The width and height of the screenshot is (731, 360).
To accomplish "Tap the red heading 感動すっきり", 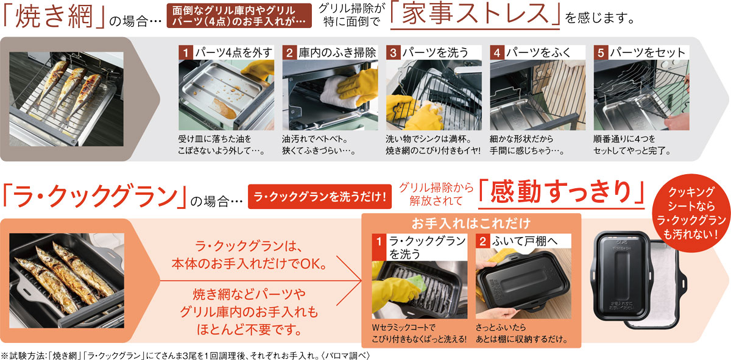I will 561,191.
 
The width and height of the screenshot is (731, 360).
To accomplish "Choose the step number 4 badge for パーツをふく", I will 497,52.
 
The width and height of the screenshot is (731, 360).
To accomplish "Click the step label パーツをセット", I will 648,52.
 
